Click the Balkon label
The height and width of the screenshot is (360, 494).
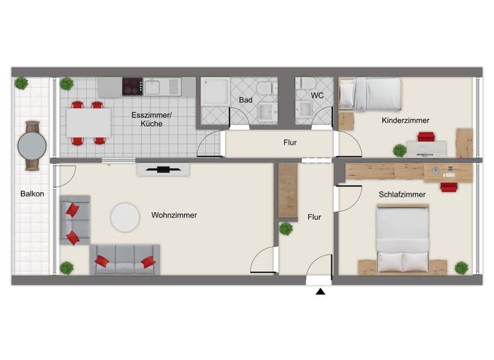coord(32,194)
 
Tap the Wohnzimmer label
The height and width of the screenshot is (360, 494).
coord(174,215)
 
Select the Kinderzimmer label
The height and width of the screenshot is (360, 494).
coord(405,120)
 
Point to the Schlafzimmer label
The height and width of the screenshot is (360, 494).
coord(403,194)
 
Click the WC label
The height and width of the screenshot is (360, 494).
coord(317,95)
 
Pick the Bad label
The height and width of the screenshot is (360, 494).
coord(246,100)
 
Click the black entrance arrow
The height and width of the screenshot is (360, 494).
coord(320,292)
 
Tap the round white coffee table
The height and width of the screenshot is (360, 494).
coord(125,217)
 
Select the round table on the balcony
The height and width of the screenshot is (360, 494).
coord(32,146)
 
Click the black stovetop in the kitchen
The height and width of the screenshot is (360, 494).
coord(133,86)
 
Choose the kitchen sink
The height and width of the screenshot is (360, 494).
coord(155,86)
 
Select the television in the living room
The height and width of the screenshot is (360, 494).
coord(163,170)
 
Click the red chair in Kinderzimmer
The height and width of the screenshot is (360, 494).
coord(426,136)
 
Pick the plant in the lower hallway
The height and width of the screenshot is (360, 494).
coord(286,228)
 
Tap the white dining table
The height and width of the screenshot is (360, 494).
coord(88,122)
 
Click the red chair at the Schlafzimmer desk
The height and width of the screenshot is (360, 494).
coord(448,187)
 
